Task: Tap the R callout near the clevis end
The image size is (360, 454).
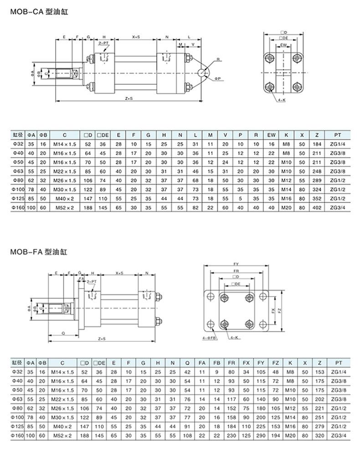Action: (218, 59)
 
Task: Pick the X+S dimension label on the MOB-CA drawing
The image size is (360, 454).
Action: (136, 36)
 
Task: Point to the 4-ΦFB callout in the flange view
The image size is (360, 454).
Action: (210, 338)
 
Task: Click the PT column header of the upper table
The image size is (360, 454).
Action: (338, 134)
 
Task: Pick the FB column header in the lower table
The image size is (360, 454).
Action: (217, 363)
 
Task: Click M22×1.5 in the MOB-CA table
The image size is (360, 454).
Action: (65, 170)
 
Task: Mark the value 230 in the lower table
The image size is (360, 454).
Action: (231, 435)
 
